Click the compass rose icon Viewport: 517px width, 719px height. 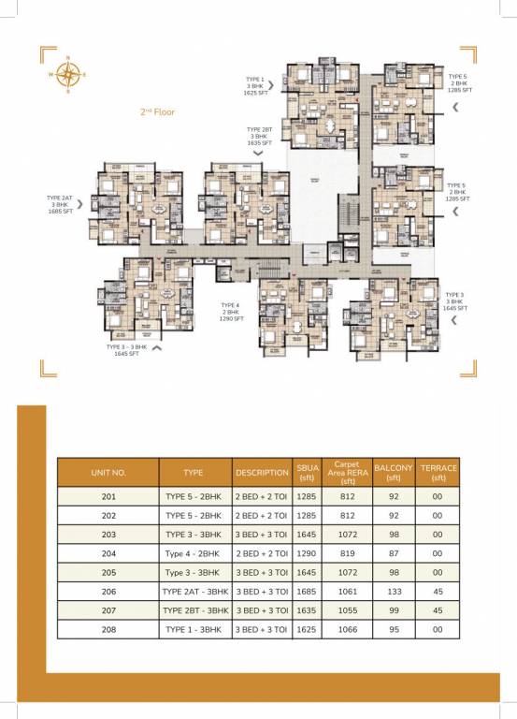click(68, 72)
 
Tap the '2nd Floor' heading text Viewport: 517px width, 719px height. click(157, 111)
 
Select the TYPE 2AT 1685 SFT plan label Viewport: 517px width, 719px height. click(60, 205)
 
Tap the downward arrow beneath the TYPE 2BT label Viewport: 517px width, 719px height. click(259, 153)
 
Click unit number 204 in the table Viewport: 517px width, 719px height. click(108, 553)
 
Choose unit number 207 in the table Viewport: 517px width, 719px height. click(108, 610)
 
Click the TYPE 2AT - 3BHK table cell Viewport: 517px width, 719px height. click(194, 592)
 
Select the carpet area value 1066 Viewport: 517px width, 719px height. click(346, 630)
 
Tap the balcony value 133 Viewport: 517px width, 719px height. click(393, 592)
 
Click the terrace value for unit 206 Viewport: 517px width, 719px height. click(437, 592)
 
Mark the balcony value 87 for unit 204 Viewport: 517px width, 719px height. click(393, 553)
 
